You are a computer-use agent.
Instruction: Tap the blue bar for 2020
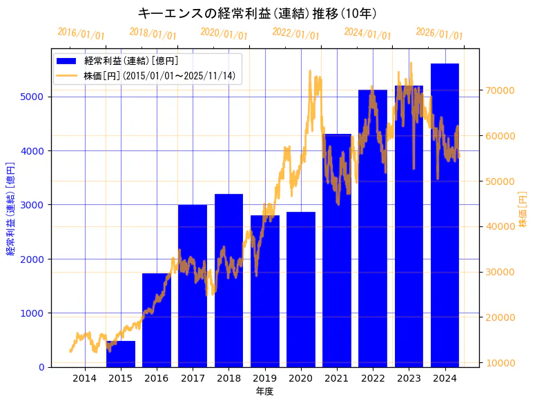coord(301,289)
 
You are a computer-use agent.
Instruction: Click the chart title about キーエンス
coord(257,13)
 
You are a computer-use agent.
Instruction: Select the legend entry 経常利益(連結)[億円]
coord(131,61)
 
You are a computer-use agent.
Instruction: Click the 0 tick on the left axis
coord(42,367)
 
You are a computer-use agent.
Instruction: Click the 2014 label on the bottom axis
coord(84,378)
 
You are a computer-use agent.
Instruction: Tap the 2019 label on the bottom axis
coord(264,378)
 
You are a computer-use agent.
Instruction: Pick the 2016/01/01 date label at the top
coord(81,33)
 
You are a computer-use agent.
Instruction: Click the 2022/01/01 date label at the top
coord(296,33)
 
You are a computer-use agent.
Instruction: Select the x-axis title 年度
coord(264,391)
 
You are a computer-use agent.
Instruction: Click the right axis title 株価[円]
coord(523,210)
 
